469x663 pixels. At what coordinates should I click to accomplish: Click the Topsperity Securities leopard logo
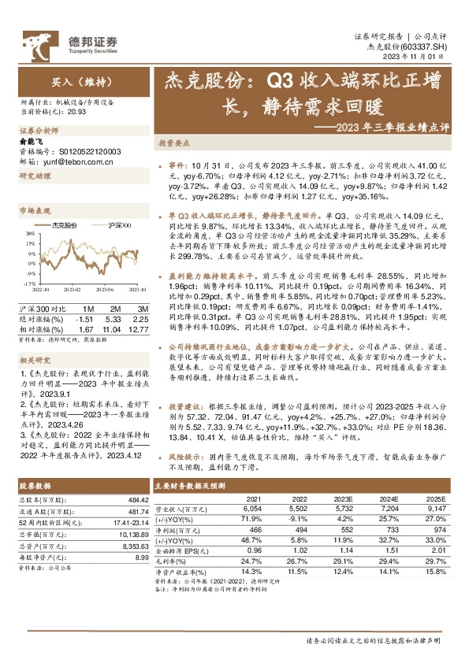37,41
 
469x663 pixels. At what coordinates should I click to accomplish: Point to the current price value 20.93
77,113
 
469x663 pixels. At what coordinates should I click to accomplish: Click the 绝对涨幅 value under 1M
84,298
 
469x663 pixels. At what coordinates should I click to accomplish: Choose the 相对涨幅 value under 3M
140,307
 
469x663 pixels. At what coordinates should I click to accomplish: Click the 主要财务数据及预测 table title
192,486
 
